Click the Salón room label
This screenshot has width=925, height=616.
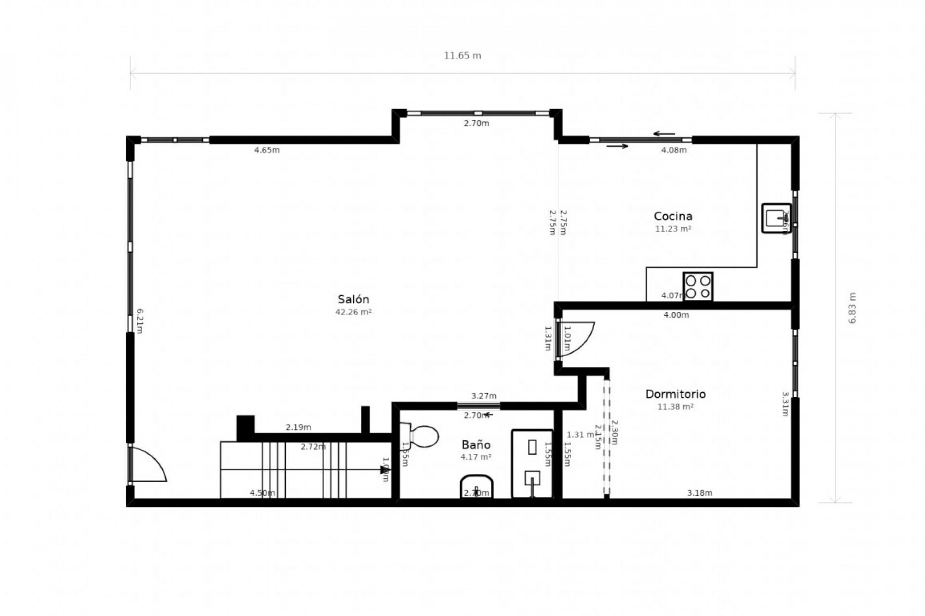353,299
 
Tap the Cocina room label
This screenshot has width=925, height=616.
673,216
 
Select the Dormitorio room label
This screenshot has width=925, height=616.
675,394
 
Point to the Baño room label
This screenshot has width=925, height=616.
476,445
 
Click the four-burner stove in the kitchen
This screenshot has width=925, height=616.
698,287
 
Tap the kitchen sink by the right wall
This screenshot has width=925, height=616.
776,218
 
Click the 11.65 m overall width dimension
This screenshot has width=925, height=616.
462,56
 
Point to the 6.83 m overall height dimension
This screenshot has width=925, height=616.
852,308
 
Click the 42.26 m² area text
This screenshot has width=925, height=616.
353,312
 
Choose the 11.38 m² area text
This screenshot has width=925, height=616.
675,407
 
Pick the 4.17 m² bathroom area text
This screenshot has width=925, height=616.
476,457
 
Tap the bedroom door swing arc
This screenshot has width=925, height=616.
578,339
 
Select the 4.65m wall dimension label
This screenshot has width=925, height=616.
267,150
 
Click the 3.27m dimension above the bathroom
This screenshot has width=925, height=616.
484,396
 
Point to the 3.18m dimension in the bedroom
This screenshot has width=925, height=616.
700,493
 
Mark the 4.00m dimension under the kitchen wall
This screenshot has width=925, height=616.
676,315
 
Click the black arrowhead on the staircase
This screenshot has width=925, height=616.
383,470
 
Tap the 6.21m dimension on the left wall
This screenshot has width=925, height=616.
140,321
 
